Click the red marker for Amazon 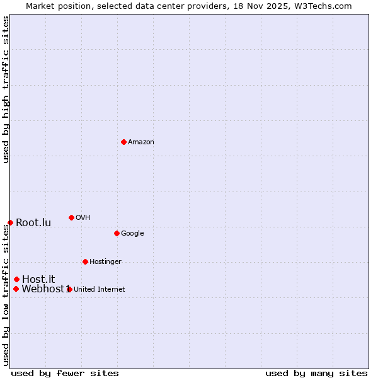coord(123,142)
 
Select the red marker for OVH coord(71,217)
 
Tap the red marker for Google coord(117,233)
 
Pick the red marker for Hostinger coord(85,261)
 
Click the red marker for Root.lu coord(10,222)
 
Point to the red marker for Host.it coord(16,279)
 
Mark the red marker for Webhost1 coord(16,289)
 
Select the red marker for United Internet coord(69,289)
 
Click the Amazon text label coord(140,142)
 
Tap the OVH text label coord(83,217)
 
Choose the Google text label coord(132,233)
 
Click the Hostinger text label coord(105,261)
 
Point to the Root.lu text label coord(33,222)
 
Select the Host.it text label coord(38,279)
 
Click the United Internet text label coord(99,289)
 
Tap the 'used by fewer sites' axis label coord(65,373)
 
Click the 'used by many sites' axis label coord(316,373)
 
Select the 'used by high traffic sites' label coord(6,90)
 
